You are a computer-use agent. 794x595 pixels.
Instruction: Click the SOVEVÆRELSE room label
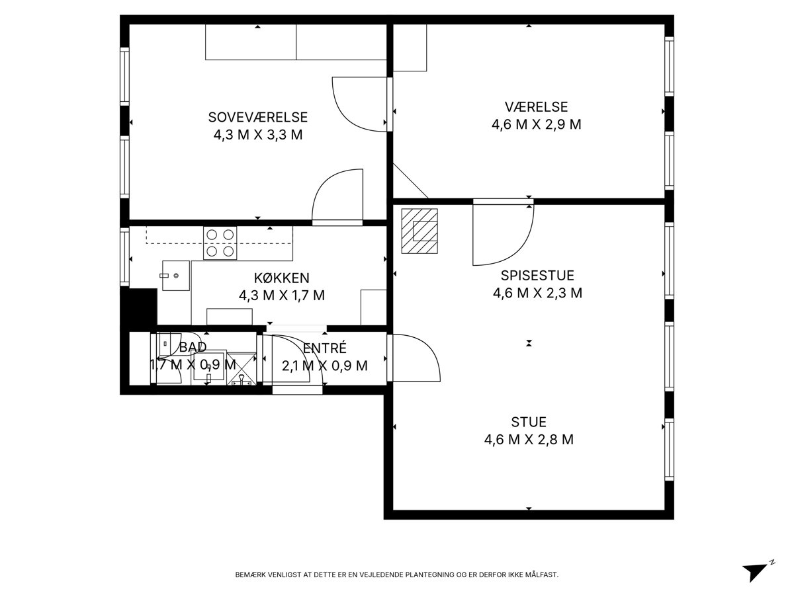click(257, 117)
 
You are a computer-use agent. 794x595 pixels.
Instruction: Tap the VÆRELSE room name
click(536, 106)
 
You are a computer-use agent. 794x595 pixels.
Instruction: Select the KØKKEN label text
click(281, 278)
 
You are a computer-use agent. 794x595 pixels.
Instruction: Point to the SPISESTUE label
click(537, 275)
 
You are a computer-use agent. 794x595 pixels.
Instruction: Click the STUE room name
click(529, 422)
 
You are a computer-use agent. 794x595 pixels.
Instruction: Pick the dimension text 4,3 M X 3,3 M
click(257, 135)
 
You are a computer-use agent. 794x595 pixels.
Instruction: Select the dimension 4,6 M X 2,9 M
click(536, 124)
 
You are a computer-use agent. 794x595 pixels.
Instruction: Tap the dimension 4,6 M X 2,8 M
click(529, 439)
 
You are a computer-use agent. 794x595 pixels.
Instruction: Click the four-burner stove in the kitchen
click(220, 243)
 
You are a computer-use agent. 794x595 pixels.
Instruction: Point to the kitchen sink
click(176, 275)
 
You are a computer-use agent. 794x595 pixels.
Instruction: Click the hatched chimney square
click(419, 231)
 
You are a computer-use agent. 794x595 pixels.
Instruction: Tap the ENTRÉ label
click(324, 348)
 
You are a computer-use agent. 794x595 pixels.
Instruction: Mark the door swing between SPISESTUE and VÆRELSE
click(503, 235)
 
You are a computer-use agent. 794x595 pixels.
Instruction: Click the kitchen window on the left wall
click(125, 257)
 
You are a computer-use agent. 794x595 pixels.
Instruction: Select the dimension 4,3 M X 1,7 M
click(281, 296)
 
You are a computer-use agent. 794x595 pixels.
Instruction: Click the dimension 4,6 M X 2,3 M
click(537, 293)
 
